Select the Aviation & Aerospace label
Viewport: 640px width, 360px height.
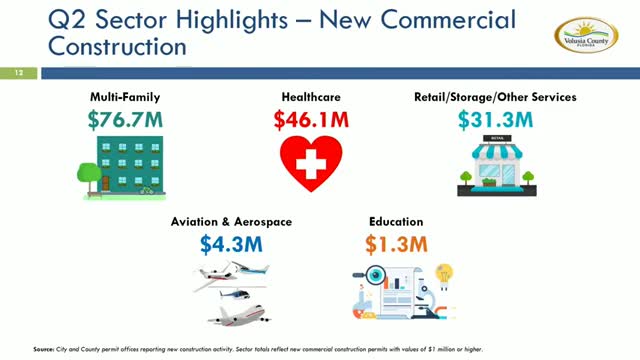[231, 221]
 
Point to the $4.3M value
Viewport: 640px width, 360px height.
[231, 243]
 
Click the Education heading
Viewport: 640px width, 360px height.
[395, 221]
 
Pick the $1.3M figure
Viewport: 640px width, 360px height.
[395, 243]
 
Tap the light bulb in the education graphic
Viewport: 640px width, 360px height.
[446, 273]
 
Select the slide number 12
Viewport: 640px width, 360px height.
[17, 72]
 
